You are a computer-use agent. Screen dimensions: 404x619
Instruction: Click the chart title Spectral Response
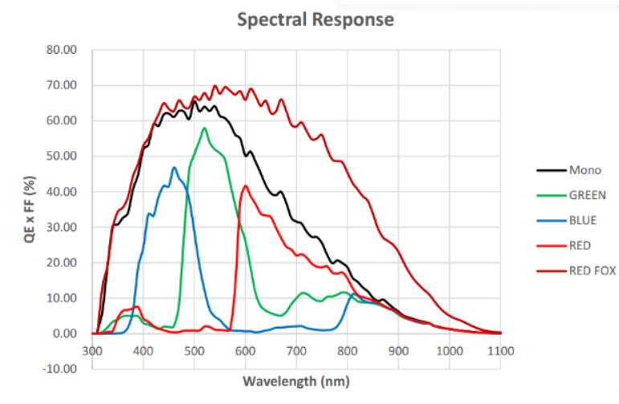pyautogui.click(x=316, y=19)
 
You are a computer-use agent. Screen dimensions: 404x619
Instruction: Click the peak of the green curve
pyautogui.click(x=205, y=128)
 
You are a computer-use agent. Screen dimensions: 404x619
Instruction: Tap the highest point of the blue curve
pyautogui.click(x=173, y=167)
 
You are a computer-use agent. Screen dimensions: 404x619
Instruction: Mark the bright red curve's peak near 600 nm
pyautogui.click(x=246, y=186)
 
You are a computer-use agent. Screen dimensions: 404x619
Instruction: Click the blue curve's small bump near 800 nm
pyautogui.click(x=352, y=294)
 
